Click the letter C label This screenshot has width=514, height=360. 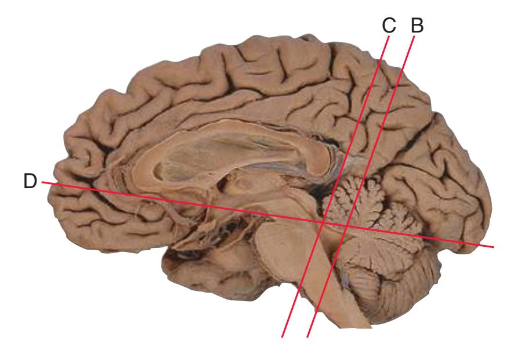389,26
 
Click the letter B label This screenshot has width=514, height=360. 417,26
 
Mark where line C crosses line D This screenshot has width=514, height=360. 323,222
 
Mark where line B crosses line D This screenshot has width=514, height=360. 347,226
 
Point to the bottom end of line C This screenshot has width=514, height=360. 282,337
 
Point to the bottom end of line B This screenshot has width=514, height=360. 307,337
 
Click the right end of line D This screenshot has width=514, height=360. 493,247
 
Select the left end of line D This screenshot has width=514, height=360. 42,182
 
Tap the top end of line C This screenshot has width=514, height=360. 389,37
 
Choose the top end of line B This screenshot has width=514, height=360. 414,37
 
